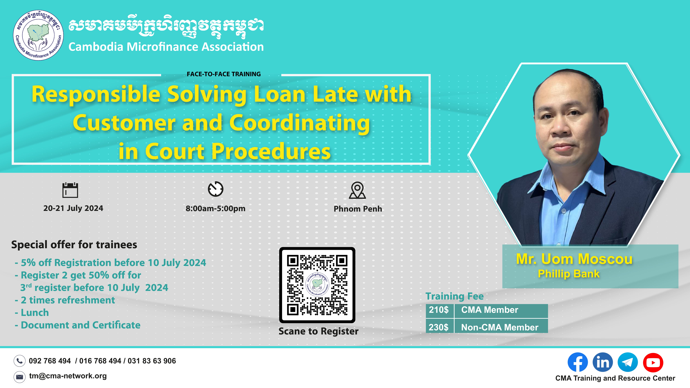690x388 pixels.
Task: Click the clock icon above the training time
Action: pos(216,189)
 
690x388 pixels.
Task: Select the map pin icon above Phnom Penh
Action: pos(357,190)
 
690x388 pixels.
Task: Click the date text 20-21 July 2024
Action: pos(73,208)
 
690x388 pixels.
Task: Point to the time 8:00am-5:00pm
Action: pos(215,209)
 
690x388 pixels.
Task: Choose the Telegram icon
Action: pos(628,362)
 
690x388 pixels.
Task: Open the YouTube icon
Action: pos(653,362)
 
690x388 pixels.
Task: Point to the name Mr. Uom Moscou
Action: pos(574,259)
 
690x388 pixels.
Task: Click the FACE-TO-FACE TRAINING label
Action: pos(224,74)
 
